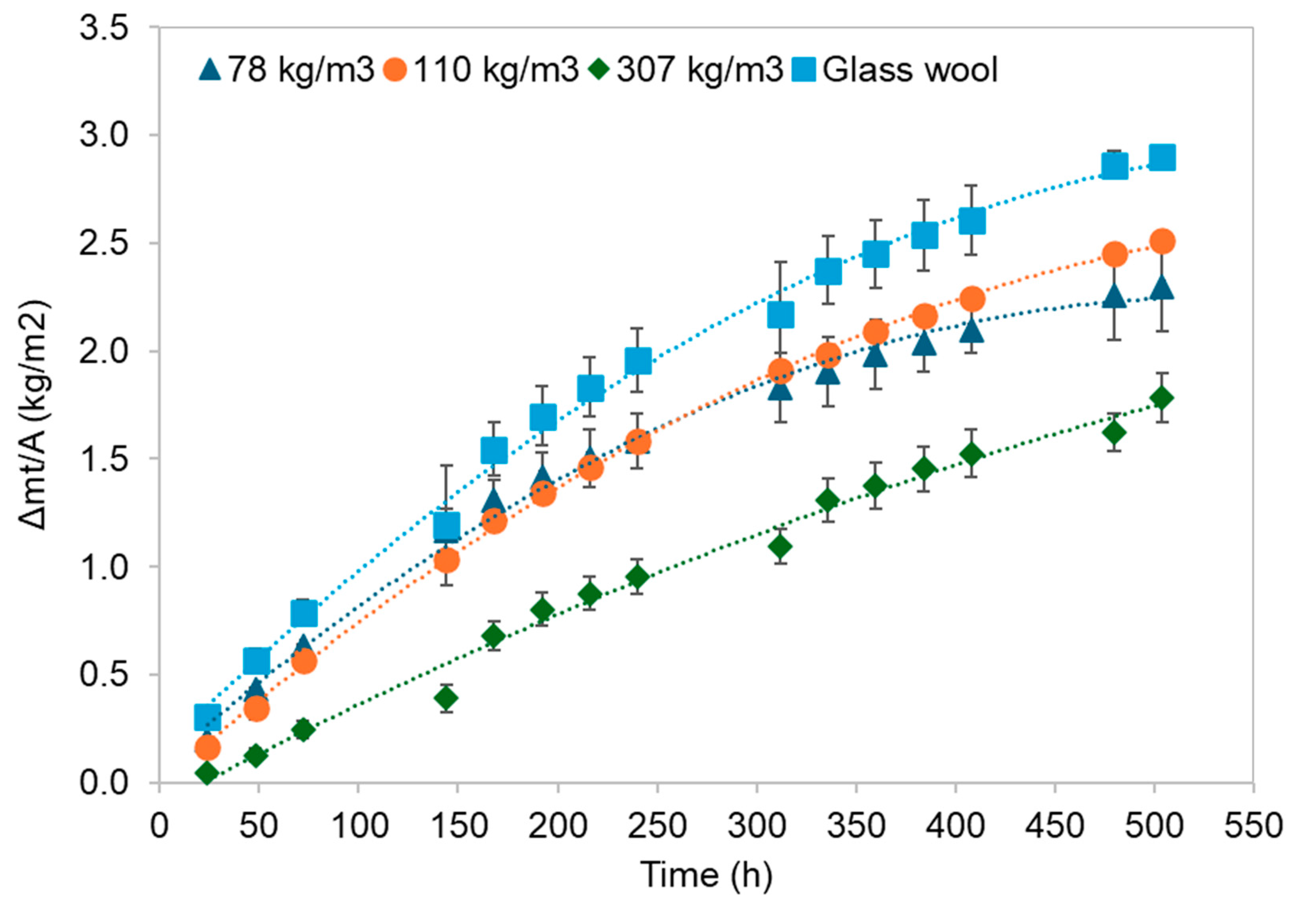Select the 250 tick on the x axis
click(658, 826)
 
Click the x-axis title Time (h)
click(705, 875)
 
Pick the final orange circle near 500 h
click(1162, 242)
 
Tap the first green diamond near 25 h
click(207, 773)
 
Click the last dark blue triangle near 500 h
click(1162, 288)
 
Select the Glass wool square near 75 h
click(304, 613)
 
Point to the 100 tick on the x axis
click(359, 826)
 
